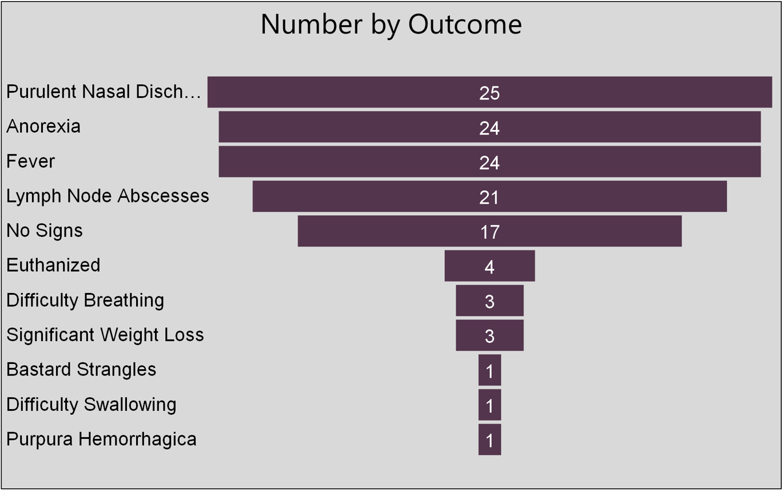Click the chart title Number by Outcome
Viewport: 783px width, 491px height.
(391, 25)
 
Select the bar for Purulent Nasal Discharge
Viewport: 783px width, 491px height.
(343, 92)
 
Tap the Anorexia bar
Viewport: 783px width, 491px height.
(343, 127)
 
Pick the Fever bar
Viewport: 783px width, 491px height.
(343, 162)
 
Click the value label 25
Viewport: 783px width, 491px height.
(490, 93)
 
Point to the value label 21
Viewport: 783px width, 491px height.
(490, 197)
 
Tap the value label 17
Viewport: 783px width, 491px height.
(490, 232)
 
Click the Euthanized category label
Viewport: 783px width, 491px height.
(53, 266)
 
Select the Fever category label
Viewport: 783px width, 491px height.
(30, 161)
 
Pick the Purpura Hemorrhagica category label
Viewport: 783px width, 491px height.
(101, 439)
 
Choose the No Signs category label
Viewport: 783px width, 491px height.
(45, 231)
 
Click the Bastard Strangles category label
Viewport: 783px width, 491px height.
(81, 370)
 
